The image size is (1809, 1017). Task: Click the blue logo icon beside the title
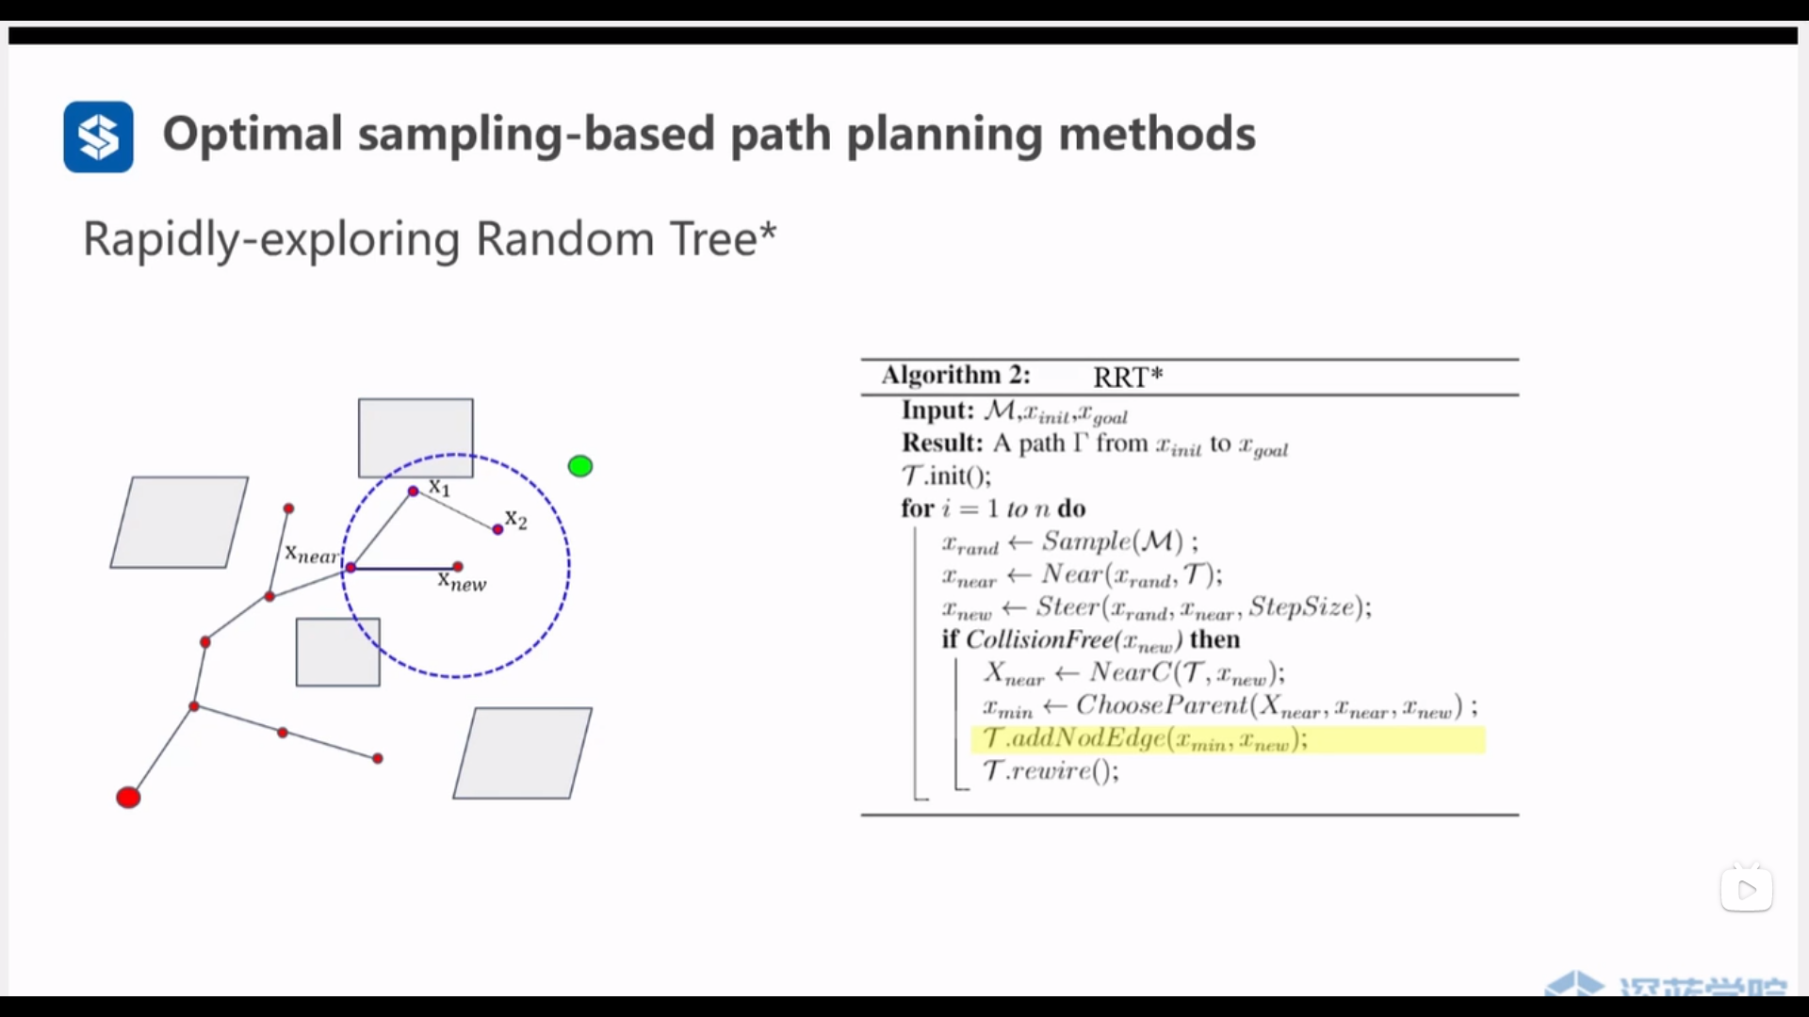pyautogui.click(x=98, y=137)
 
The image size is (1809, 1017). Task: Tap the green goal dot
pyautogui.click(x=580, y=466)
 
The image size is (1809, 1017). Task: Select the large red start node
pyautogui.click(x=128, y=798)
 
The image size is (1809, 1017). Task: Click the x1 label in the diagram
pyautogui.click(x=440, y=487)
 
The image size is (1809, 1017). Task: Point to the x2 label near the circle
pyautogui.click(x=516, y=519)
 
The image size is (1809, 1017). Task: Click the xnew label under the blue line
pyautogui.click(x=462, y=582)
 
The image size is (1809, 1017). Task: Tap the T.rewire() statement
pyautogui.click(x=1051, y=771)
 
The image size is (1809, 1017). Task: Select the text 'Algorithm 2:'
pyautogui.click(x=955, y=375)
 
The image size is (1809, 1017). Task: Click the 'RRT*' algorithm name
pyautogui.click(x=1128, y=377)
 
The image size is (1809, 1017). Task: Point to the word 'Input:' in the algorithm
pyautogui.click(x=937, y=411)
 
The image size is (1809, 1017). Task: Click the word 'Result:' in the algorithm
pyautogui.click(x=941, y=444)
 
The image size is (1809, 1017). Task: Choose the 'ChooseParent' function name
pyautogui.click(x=1161, y=705)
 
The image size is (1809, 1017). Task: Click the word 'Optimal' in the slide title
pyautogui.click(x=253, y=134)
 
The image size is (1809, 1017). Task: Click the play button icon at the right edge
pyautogui.click(x=1747, y=890)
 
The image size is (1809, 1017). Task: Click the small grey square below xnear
pyautogui.click(x=338, y=652)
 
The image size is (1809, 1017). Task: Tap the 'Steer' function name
pyautogui.click(x=1067, y=607)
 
